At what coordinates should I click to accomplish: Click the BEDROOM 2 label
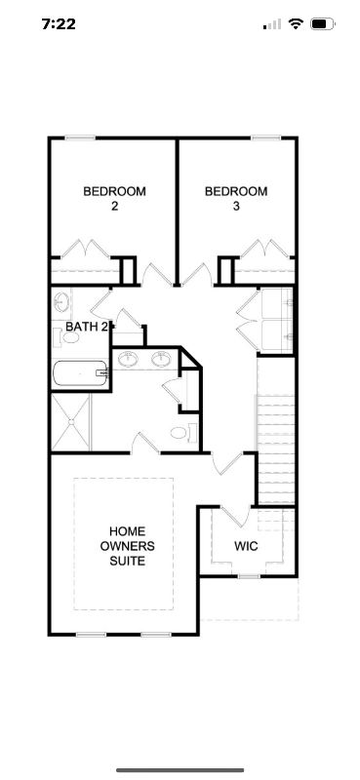point(114,199)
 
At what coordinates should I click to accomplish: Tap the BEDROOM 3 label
point(235,199)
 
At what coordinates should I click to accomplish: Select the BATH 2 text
point(86,326)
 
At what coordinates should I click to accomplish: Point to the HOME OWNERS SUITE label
point(127,546)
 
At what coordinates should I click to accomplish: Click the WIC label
point(246,546)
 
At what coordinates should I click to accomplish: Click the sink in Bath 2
point(61,301)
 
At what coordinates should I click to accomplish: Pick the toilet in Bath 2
point(60,337)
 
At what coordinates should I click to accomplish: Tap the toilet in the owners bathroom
point(180,433)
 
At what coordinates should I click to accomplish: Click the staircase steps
point(275,448)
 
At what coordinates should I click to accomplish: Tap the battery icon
point(322,24)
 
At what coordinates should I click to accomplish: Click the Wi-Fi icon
point(296,24)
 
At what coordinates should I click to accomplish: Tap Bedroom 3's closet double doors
point(266,249)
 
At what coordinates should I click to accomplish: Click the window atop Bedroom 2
point(80,138)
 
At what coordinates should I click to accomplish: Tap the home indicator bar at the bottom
point(180,769)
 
